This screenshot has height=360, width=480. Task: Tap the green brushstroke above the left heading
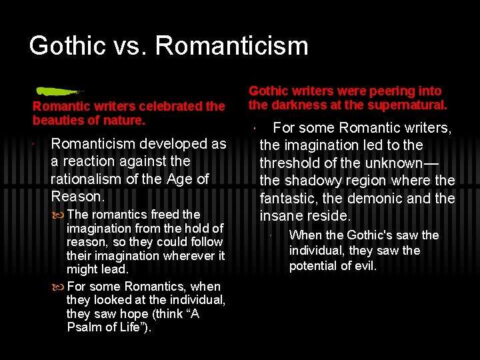click(57, 91)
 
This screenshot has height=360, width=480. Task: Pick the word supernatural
click(413, 105)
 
